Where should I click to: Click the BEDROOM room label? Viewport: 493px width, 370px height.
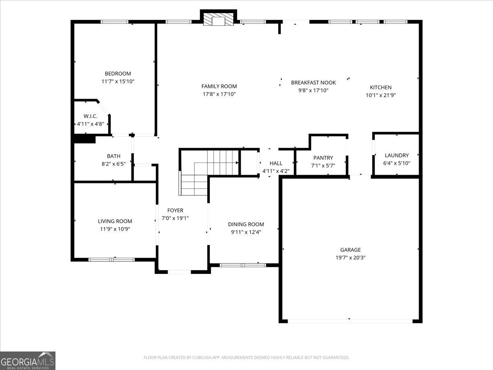[x=118, y=74]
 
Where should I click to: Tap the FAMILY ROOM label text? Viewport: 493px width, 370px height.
[x=219, y=86]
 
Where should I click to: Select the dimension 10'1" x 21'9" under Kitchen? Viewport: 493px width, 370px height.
[x=380, y=95]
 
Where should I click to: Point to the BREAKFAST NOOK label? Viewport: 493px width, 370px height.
[x=313, y=83]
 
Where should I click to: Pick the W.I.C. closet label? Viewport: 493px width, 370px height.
[x=90, y=116]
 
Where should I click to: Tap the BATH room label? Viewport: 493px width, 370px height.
[x=114, y=156]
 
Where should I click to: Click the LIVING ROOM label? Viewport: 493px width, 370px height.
[x=115, y=221]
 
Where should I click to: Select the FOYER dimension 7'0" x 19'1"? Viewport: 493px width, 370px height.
[x=175, y=218]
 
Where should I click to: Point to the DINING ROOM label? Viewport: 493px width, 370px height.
[x=246, y=224]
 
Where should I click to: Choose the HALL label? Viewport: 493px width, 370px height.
[x=276, y=163]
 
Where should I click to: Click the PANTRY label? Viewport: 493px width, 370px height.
[x=323, y=158]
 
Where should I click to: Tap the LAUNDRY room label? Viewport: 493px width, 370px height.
[x=396, y=155]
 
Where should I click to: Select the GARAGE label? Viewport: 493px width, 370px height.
[x=350, y=250]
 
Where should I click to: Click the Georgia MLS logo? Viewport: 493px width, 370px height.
[x=28, y=361]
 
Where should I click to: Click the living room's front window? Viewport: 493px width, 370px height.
[x=112, y=259]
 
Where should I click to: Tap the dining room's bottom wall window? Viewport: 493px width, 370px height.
[x=243, y=265]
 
